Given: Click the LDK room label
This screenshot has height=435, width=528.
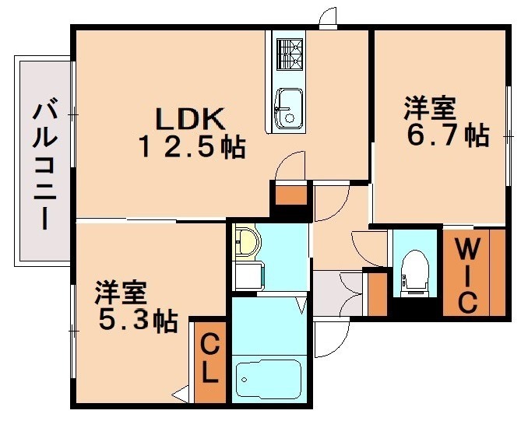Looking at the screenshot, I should [x=190, y=118].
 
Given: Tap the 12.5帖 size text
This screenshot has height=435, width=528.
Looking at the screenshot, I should [x=192, y=146].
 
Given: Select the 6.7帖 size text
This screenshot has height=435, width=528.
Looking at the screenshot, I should [x=449, y=135].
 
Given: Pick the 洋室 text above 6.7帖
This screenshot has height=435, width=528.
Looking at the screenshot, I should [x=429, y=107].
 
